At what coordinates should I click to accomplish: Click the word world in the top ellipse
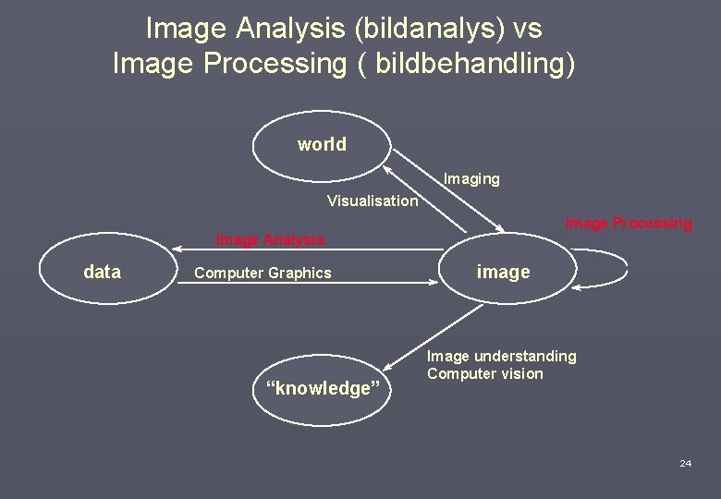coord(322,144)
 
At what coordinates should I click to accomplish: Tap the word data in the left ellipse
coord(102,272)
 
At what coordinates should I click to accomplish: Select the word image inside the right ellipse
coord(503,272)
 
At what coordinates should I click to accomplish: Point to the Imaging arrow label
coord(471,179)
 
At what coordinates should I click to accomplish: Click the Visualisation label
coord(372,201)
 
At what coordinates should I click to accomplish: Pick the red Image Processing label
coord(628,223)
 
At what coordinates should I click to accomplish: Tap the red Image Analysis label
coord(270,240)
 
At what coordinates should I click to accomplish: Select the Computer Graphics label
coord(263,273)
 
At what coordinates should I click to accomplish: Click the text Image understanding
coord(501,356)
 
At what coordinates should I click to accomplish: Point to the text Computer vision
coord(484,373)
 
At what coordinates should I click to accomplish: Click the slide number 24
coord(685,463)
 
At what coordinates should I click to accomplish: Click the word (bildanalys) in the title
coord(430,29)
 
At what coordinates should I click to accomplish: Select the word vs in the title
coord(527,29)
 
